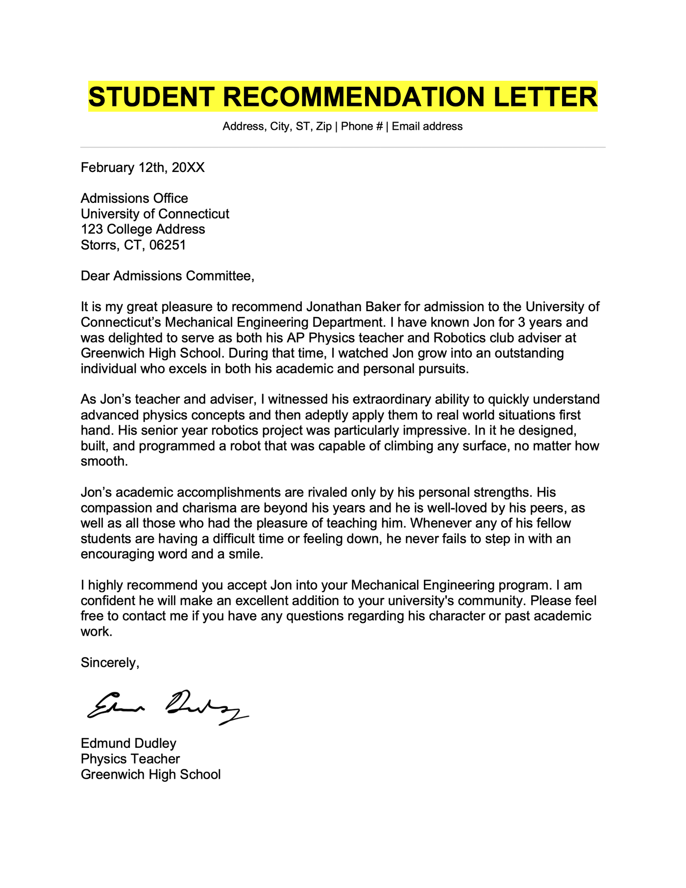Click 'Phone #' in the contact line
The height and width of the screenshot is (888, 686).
362,126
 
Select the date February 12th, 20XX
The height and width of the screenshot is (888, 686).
143,168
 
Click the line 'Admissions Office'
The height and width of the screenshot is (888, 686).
134,198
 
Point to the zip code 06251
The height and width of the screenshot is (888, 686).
168,245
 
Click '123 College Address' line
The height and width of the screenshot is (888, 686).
143,229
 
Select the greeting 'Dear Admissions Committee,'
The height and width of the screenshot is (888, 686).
168,276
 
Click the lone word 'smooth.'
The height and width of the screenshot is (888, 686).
104,462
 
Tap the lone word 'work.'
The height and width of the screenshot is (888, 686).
97,631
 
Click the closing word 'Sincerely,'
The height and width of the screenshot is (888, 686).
110,663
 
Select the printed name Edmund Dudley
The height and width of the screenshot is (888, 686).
128,743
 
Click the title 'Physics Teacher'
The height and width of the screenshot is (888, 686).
130,759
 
